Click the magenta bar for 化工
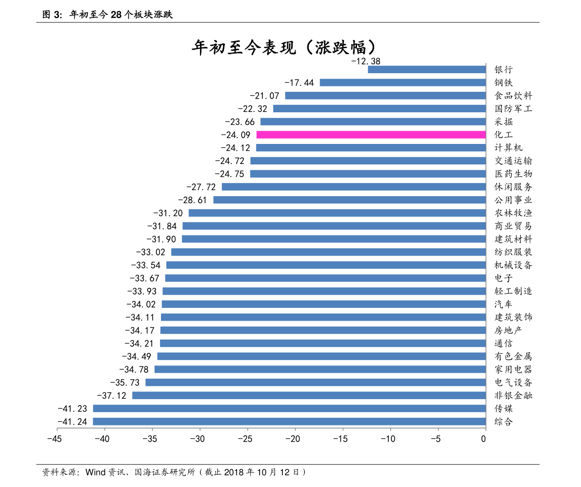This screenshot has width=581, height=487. tap(371, 135)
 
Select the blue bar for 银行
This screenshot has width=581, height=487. tap(426, 69)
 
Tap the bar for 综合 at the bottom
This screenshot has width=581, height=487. tap(289, 422)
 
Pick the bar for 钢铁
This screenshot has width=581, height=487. tap(402, 82)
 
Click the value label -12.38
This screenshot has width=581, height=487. tap(365, 61)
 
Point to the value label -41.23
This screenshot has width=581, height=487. tap(72, 408)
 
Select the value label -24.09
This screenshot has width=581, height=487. tap(236, 135)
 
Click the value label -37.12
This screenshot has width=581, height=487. tap(111, 395)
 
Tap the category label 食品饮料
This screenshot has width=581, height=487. tap(513, 96)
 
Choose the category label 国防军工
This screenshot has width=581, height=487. tap(513, 109)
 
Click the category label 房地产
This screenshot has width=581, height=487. tap(508, 330)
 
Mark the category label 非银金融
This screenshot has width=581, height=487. tap(513, 395)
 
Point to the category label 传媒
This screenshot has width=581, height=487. tap(503, 408)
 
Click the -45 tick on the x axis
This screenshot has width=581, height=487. tap(54, 439)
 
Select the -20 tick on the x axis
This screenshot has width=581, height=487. tap(293, 439)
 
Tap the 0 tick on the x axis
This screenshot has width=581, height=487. tap(483, 439)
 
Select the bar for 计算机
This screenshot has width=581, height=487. tap(371, 148)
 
